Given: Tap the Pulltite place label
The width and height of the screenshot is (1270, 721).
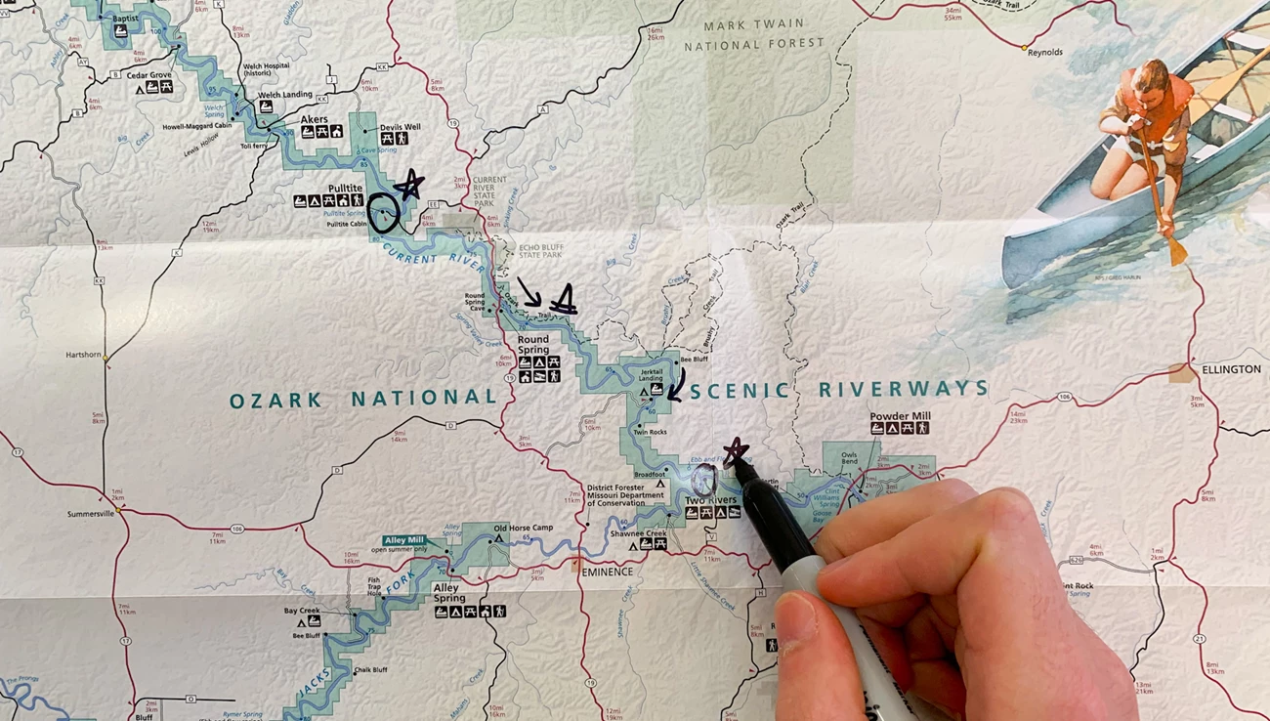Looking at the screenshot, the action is point(345,187).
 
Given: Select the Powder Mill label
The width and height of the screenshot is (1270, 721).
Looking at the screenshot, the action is point(900,416).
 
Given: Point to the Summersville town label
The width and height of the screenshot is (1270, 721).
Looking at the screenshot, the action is point(91,514).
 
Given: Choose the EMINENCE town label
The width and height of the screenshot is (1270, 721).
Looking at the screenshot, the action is point(607,572).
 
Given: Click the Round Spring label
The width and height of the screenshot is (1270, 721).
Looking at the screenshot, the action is point(533,345).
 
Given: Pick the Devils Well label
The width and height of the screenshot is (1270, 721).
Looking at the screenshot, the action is point(400,127).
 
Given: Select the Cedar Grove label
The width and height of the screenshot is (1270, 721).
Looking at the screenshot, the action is point(149,75).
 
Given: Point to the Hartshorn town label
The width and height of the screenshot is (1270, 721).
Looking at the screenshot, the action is point(84,354).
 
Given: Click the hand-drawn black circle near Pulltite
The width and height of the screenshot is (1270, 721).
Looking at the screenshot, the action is point(384,212).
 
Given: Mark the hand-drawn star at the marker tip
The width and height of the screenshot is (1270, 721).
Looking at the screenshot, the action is point(735,451).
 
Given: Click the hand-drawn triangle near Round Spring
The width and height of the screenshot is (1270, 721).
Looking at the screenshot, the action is point(563,302).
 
